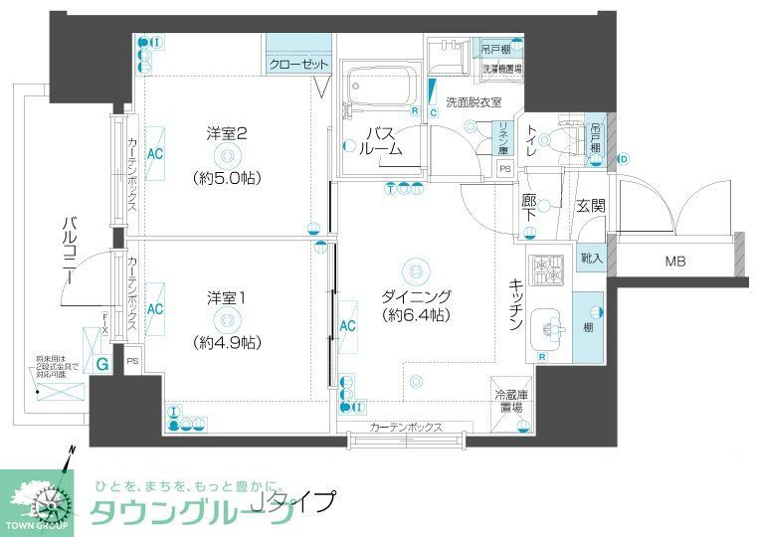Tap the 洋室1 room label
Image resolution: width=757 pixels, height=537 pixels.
point(226,297)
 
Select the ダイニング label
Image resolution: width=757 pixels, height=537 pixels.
point(417,295)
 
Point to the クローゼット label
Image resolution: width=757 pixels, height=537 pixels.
point(298,65)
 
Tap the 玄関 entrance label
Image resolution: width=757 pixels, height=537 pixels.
point(590,206)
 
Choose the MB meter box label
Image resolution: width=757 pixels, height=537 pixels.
point(679,262)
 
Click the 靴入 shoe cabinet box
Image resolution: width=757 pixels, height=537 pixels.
point(590,258)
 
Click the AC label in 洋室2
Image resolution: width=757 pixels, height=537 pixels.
point(155,154)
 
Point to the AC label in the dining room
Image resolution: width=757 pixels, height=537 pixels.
point(347,325)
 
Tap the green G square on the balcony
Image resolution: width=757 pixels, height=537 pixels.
point(102,363)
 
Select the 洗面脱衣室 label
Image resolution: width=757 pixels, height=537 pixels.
point(473,101)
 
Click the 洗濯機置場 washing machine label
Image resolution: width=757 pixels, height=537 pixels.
point(502,70)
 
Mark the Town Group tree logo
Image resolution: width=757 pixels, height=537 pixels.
point(36,497)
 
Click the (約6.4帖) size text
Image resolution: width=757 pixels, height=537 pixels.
point(417,315)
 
